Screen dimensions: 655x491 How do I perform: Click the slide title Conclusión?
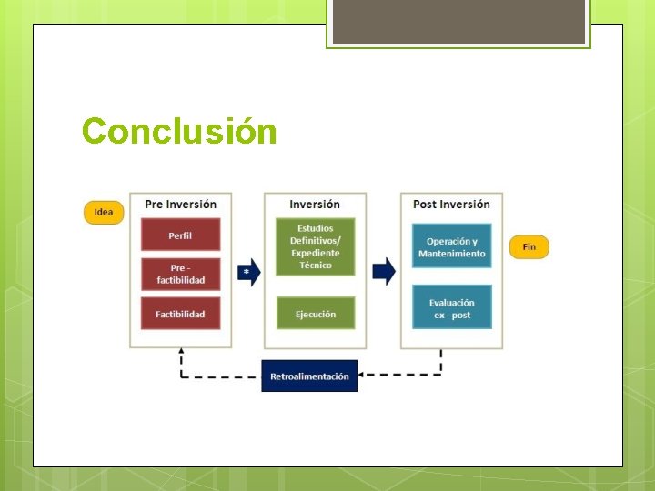179,132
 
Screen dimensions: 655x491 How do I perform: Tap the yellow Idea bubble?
104,213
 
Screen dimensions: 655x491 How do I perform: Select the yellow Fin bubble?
529,247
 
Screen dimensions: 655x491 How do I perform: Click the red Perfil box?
180,235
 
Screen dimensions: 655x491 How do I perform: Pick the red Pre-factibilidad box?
180,274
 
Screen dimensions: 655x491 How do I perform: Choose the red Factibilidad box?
180,314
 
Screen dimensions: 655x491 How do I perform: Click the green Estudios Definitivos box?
315,246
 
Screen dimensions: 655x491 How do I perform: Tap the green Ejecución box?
315,314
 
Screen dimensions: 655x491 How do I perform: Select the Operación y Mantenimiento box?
451,246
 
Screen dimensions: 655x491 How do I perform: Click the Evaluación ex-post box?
451,308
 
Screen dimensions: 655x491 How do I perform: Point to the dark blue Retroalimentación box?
309,376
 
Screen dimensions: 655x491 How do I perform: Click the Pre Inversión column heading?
180,205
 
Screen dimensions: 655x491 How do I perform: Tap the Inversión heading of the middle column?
315,205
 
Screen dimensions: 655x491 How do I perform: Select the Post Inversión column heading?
451,205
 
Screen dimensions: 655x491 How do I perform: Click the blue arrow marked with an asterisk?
248,271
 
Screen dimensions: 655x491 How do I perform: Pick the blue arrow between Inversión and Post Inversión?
384,271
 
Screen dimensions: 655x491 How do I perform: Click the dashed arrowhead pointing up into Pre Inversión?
181,352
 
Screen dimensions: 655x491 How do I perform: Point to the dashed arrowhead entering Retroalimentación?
361,374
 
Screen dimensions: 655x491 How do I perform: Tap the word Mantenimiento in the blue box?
452,254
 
